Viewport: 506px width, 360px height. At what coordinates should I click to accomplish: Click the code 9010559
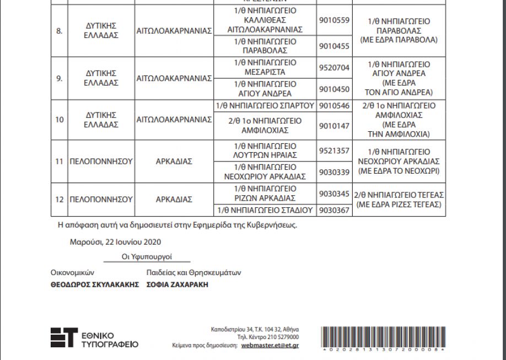(x=334, y=20)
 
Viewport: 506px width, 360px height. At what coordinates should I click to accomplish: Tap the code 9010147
(x=334, y=126)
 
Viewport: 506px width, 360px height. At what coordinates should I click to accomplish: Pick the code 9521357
(x=334, y=151)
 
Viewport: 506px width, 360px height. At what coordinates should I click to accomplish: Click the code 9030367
(x=334, y=210)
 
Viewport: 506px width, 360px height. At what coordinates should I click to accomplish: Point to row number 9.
(x=59, y=78)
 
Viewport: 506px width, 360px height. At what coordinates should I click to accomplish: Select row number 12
(x=59, y=199)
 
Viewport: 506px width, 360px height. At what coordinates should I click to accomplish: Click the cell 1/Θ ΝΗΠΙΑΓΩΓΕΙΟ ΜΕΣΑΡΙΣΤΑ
(x=265, y=67)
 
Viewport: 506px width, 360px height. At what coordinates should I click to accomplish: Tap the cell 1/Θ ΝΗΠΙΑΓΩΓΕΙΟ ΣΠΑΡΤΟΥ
(x=265, y=105)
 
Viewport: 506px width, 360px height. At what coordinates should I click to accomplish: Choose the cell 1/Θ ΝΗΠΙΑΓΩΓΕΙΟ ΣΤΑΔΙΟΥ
(x=265, y=210)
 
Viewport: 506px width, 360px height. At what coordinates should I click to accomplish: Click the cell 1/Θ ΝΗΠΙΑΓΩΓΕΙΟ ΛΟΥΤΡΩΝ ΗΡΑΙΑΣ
(x=265, y=151)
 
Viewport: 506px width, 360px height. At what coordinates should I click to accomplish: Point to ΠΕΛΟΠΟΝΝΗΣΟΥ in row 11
(x=101, y=162)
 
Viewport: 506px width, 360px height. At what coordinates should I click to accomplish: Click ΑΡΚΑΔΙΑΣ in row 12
(x=174, y=199)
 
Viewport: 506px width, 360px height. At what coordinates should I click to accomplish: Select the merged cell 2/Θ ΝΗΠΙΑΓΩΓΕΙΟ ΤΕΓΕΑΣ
(x=399, y=199)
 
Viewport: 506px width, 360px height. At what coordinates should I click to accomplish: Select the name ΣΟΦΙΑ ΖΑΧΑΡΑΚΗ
(x=177, y=285)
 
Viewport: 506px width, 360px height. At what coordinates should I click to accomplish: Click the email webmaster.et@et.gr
(x=270, y=345)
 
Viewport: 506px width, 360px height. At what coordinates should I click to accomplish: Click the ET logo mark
(x=63, y=337)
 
